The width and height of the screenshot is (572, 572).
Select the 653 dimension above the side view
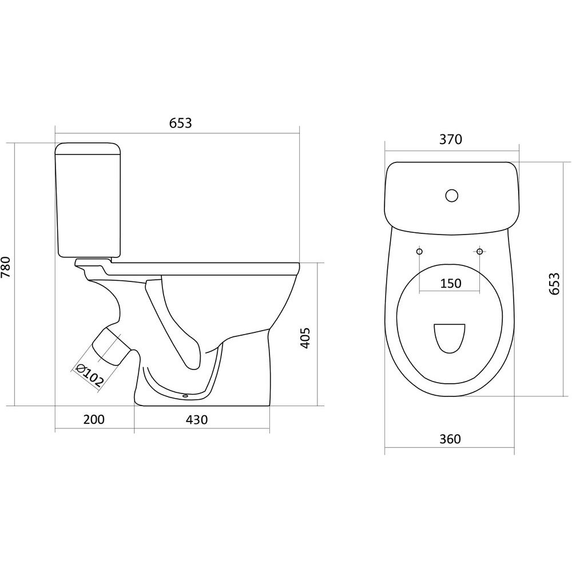180,124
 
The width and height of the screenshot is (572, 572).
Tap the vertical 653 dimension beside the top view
554,283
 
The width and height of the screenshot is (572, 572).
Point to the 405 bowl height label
305,338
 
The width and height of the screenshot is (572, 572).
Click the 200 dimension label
94,419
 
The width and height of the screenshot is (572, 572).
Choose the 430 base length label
197,419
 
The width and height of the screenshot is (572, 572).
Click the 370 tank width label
451,140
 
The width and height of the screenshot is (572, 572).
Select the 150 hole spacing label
451,283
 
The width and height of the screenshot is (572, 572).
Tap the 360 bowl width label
450,439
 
